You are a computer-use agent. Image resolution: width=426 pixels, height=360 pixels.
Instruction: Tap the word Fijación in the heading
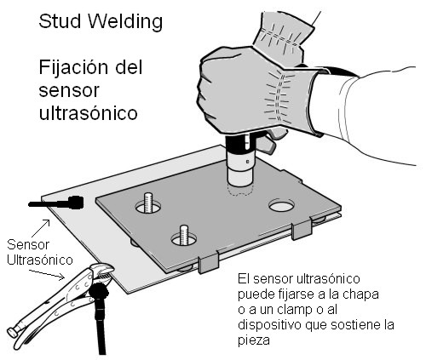point(75,68)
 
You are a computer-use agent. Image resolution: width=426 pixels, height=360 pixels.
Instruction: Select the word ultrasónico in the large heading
point(89,113)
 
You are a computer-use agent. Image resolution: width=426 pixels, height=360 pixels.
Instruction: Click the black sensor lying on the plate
point(57,203)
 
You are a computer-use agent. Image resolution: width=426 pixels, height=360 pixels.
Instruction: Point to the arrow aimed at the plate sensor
point(41,228)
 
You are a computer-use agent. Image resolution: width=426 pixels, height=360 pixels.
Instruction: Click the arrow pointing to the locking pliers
point(47,275)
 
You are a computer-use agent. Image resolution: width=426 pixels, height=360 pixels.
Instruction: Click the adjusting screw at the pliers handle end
point(12,332)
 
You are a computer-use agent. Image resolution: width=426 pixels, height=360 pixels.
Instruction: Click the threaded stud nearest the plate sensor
point(148,203)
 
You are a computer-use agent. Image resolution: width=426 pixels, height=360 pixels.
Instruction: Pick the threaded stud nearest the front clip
point(184,235)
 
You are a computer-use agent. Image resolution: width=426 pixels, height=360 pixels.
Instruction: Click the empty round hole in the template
point(281,205)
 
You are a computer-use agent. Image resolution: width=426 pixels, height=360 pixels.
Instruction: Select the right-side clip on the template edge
point(302,228)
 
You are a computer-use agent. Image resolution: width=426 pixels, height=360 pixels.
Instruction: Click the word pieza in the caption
point(254,340)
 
